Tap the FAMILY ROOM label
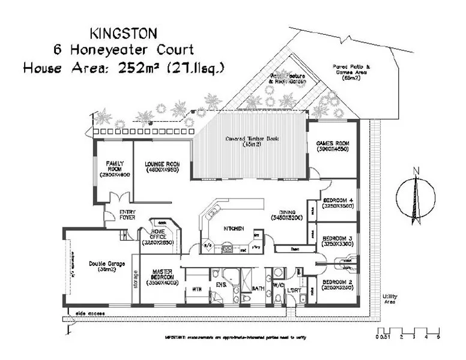(x=114, y=167)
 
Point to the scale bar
(x=408, y=331)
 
